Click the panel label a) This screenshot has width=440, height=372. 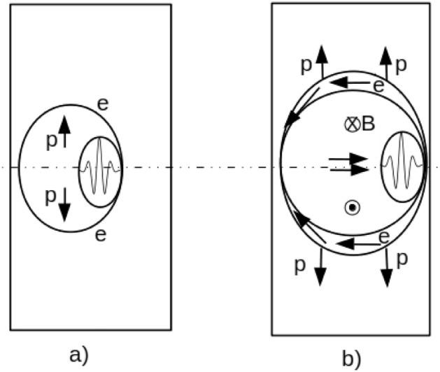click(79, 353)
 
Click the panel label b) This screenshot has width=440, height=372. click(350, 358)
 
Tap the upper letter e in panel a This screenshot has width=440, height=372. click(102, 104)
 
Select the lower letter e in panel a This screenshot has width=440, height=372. click(101, 234)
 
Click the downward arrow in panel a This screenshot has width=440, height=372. click(64, 203)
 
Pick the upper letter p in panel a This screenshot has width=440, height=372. click(51, 140)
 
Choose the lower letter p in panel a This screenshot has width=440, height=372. click(51, 194)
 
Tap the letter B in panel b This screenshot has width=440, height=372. click(368, 124)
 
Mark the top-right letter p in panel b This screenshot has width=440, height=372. click(402, 64)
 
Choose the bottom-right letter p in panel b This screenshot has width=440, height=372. click(401, 259)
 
